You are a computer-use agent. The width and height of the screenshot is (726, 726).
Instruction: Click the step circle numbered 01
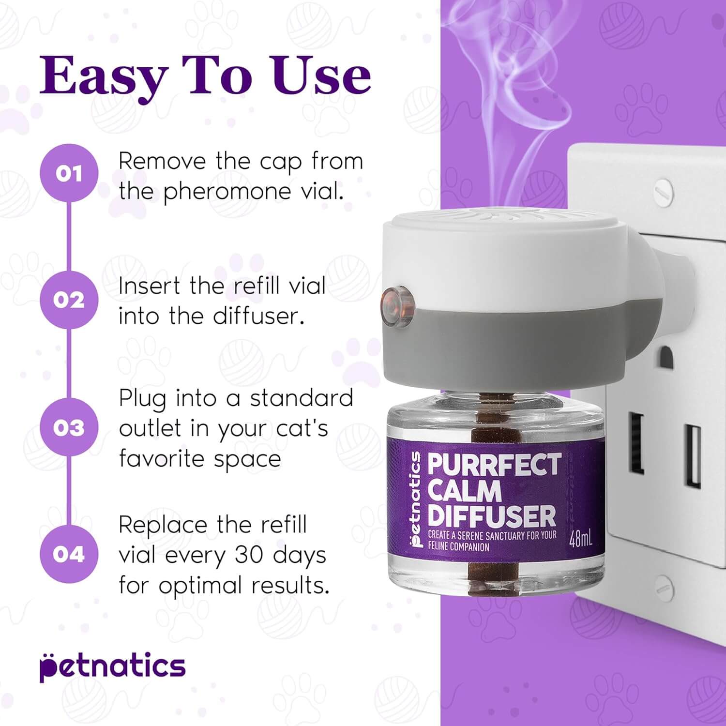point(69,173)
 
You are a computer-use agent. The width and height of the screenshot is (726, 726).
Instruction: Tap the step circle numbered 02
point(69,300)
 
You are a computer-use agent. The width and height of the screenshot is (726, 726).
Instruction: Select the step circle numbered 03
point(69,428)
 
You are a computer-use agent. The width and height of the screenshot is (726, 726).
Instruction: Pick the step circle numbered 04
point(69,554)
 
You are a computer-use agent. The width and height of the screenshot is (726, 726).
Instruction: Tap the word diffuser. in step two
point(258,316)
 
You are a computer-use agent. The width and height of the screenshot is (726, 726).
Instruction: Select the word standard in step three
point(302,398)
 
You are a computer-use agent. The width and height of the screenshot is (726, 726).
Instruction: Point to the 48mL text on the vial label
point(580,539)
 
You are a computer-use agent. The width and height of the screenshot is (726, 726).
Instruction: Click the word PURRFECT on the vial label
point(494,465)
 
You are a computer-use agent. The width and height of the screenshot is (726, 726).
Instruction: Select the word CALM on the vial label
point(465,491)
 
